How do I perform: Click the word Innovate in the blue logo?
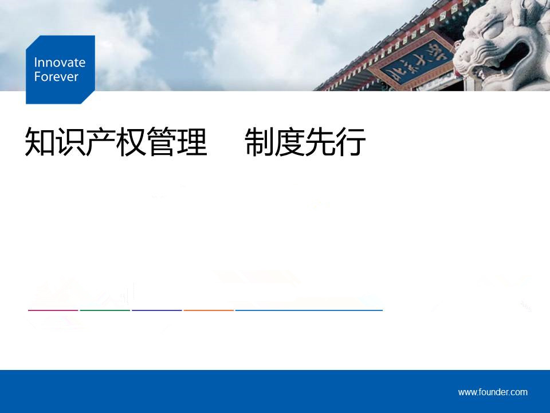[60, 63]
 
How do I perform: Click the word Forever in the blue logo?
[56, 76]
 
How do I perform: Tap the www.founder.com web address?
[493, 392]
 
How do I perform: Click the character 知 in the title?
[40, 142]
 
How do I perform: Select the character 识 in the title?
[70, 142]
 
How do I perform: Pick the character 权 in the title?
[131, 142]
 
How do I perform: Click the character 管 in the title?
[162, 142]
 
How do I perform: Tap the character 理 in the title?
[192, 142]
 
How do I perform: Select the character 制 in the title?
[260, 142]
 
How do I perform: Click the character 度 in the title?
[290, 142]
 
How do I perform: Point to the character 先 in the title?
[320, 142]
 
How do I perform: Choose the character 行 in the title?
[351, 142]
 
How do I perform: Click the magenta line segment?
[53, 310]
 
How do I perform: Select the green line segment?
[105, 310]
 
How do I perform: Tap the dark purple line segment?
[157, 310]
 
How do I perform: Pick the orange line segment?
[209, 310]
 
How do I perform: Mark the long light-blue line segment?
[309, 310]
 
